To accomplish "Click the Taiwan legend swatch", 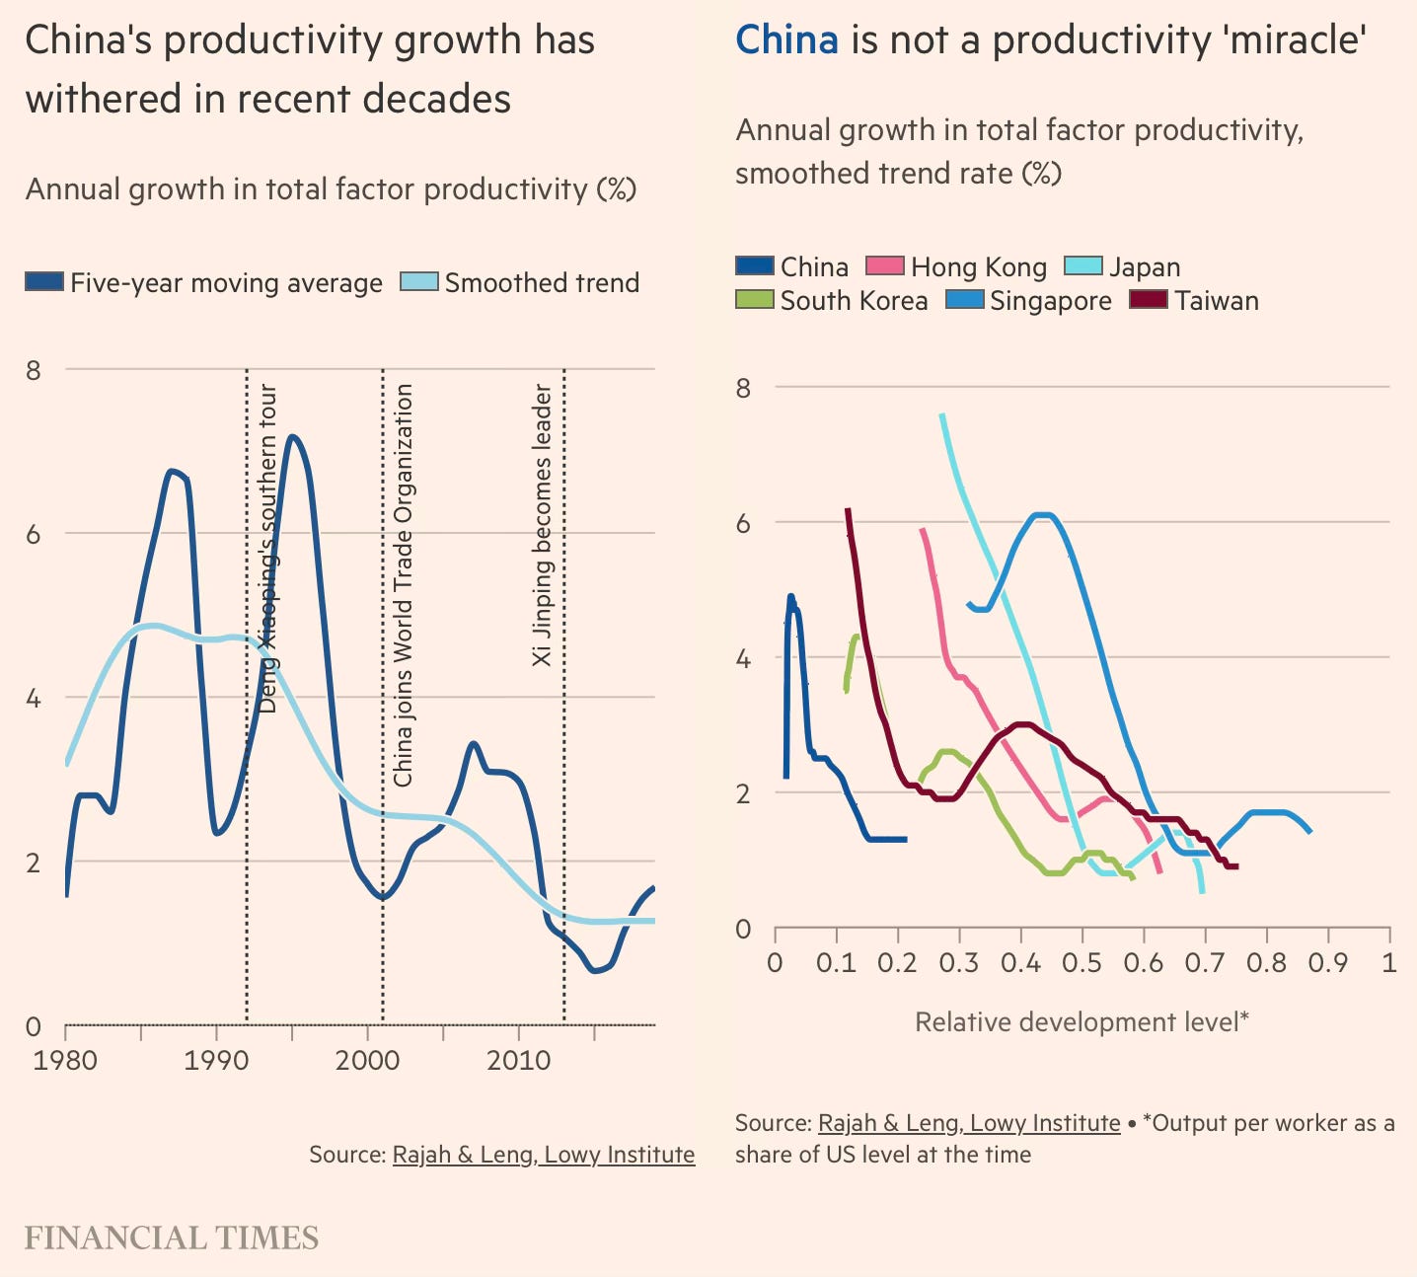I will click(x=1149, y=299).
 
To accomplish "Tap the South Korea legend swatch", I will click(x=754, y=299).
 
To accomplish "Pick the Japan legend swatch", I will click(x=1082, y=265).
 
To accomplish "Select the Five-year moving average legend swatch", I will click(x=44, y=281).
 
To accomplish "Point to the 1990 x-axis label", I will click(x=216, y=1061).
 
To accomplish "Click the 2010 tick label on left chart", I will click(x=519, y=1061).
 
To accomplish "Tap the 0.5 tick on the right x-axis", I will click(x=1082, y=961).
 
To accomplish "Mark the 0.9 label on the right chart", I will click(x=1328, y=961).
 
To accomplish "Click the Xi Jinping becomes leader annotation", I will click(x=543, y=525).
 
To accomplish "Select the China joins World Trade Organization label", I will click(x=403, y=584).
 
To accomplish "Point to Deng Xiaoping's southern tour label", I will click(x=267, y=548).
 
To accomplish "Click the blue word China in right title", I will click(x=786, y=39).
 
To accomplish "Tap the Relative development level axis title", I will click(x=1081, y=1021).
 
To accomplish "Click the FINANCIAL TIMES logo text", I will click(x=172, y=1238).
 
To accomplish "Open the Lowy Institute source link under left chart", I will click(x=543, y=1154).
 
